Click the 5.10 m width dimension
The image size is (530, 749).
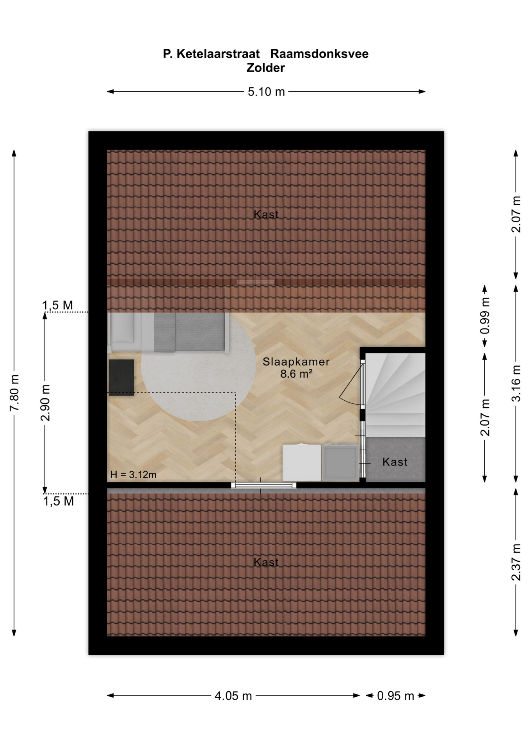coord(266,92)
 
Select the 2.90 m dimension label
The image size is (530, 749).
coord(45,403)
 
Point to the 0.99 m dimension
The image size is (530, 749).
coord(485,316)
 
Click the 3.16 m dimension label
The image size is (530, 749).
coord(516,383)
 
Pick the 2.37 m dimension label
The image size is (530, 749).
coord(516,562)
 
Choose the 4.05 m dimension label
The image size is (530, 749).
coord(233,696)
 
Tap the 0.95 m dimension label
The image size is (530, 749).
coord(395,696)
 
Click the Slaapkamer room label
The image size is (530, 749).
coord(296,362)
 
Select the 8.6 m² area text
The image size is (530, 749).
coord(296,374)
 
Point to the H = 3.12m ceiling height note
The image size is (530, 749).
coord(133,474)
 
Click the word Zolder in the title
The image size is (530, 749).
coord(265,67)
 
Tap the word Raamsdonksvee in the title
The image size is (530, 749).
coord(319,53)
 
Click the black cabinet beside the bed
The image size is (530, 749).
coord(121,378)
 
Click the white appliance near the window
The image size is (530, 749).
coord(302,463)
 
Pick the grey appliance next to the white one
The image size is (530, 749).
coord(340,462)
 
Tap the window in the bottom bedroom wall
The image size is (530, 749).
coord(263,485)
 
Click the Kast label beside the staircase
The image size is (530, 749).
coord(395,462)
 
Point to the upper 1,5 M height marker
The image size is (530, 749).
coord(57,305)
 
